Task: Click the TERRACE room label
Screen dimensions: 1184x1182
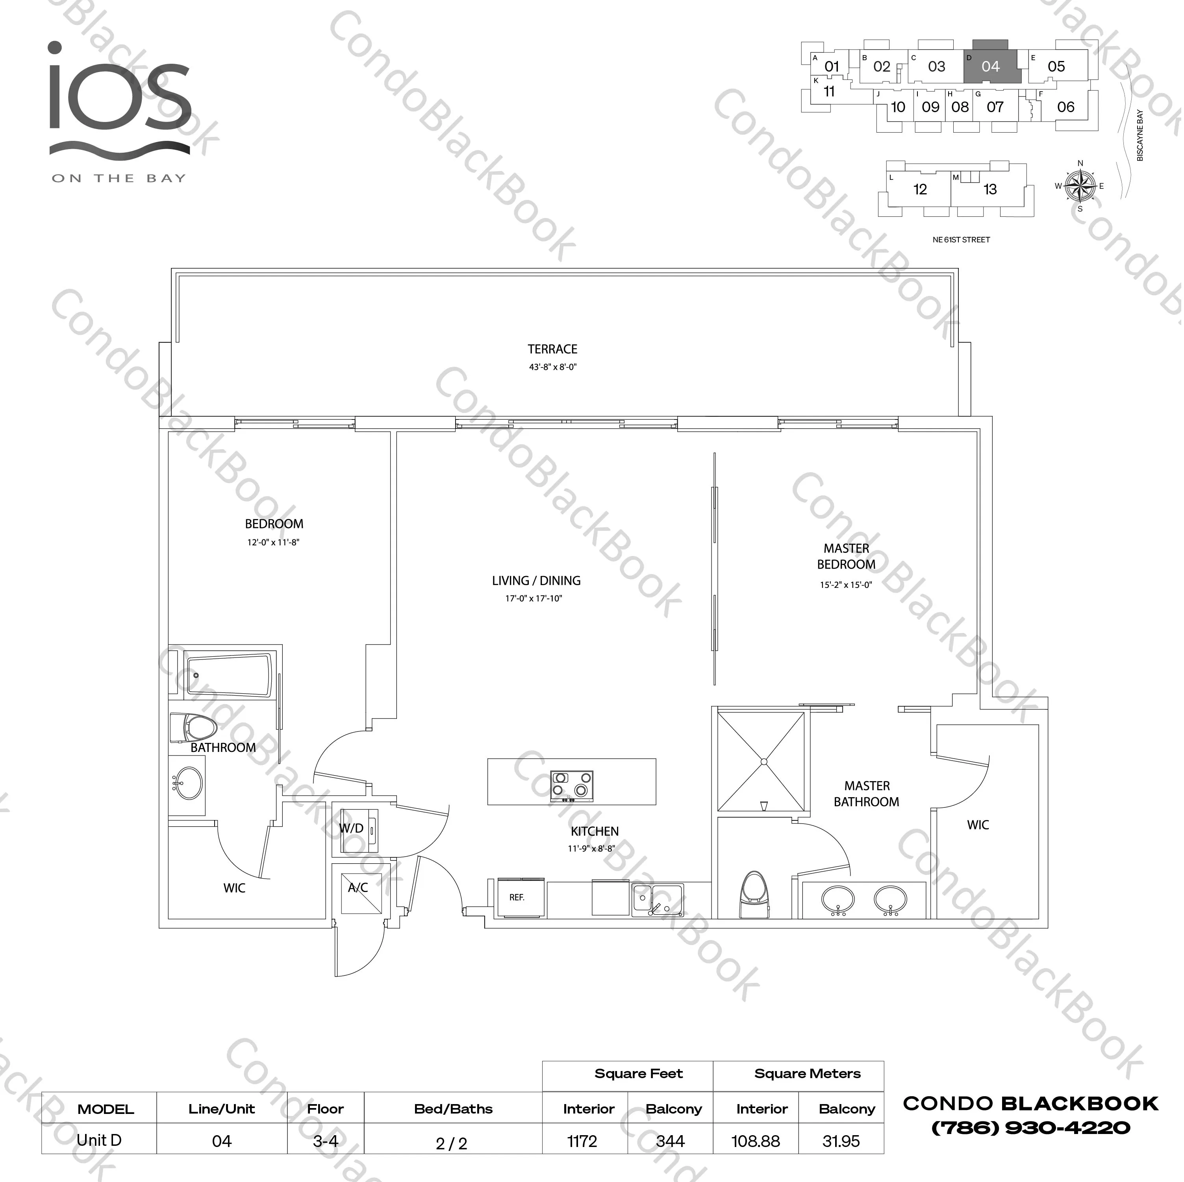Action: pos(552,349)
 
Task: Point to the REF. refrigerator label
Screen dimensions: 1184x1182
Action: pos(517,897)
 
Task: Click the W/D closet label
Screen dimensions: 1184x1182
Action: pos(351,828)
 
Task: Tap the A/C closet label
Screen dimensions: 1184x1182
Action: pos(358,887)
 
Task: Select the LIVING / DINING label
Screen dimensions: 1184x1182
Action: pos(536,581)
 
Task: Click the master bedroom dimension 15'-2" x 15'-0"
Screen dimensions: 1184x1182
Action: pos(846,585)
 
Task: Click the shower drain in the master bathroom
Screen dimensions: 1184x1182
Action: pos(763,762)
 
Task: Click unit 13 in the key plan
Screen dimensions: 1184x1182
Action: pos(990,189)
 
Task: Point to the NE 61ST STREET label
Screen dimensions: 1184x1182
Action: pos(961,240)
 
